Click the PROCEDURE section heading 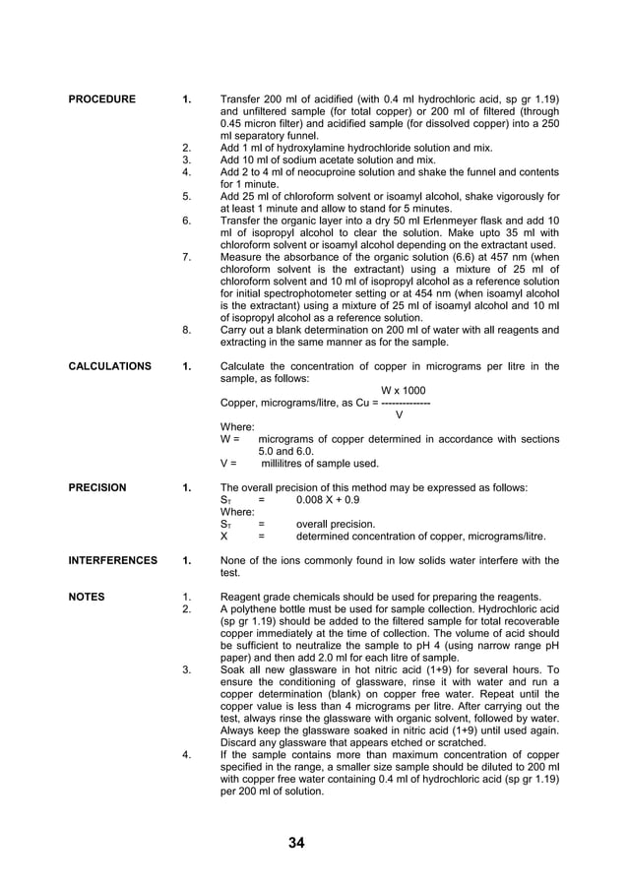pyautogui.click(x=102, y=99)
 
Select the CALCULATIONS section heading pyautogui.click(x=110, y=366)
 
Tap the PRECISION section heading pyautogui.click(x=97, y=487)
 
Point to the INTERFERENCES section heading pyautogui.click(x=113, y=560)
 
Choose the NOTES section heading pyautogui.click(x=87, y=597)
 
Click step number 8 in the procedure pyautogui.click(x=187, y=330)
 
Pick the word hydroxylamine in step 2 pyautogui.click(x=298, y=148)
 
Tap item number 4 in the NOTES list pyautogui.click(x=187, y=755)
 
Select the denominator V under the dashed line pyautogui.click(x=399, y=414)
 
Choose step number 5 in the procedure pyautogui.click(x=187, y=196)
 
